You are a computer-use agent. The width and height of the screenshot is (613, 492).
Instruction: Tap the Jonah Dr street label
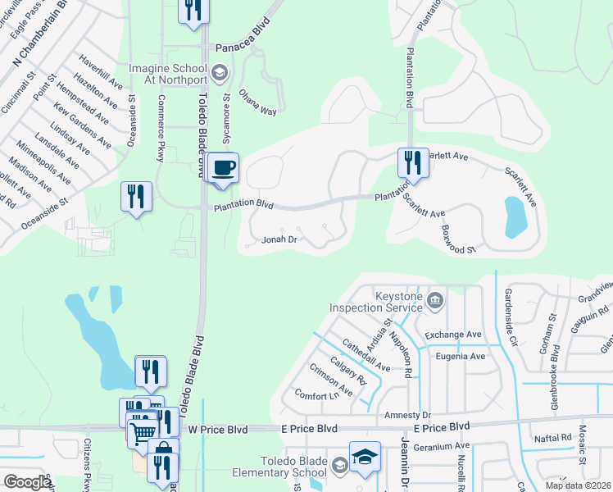click(278, 240)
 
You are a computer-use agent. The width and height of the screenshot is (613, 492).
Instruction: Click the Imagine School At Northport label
click(170, 73)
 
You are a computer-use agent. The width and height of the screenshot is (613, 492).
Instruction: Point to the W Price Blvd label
click(216, 429)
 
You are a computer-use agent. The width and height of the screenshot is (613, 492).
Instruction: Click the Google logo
click(27, 482)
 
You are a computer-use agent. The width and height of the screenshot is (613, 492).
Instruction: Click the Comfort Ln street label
click(316, 396)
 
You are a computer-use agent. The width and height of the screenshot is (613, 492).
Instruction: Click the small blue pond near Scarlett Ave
click(516, 216)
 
